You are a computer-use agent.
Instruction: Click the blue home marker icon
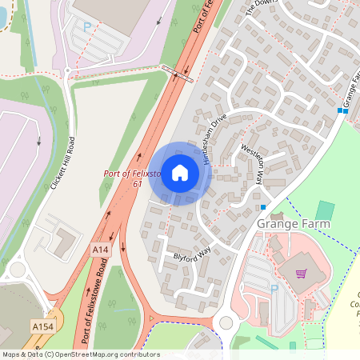[180, 173]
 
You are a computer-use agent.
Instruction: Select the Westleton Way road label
[252, 164]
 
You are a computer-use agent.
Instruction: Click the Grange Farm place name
[293, 224]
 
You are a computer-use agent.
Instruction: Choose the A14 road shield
[100, 250]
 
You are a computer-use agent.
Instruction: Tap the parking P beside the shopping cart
[274, 290]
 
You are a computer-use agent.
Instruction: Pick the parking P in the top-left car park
[87, 26]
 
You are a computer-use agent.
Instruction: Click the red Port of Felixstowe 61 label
[133, 178]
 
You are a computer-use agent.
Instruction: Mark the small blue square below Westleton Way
[263, 207]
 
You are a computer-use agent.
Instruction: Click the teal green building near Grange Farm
[325, 210]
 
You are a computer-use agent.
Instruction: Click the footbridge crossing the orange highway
[176, 73]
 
